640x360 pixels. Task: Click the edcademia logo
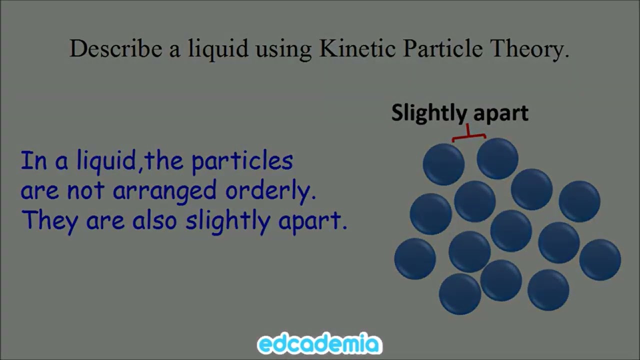tap(320, 344)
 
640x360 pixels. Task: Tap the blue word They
tap(48, 220)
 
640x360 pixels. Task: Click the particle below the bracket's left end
tap(443, 164)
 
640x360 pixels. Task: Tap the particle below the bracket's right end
tap(497, 158)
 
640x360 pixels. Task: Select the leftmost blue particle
tap(415, 258)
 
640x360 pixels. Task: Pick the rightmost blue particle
tap(600, 259)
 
